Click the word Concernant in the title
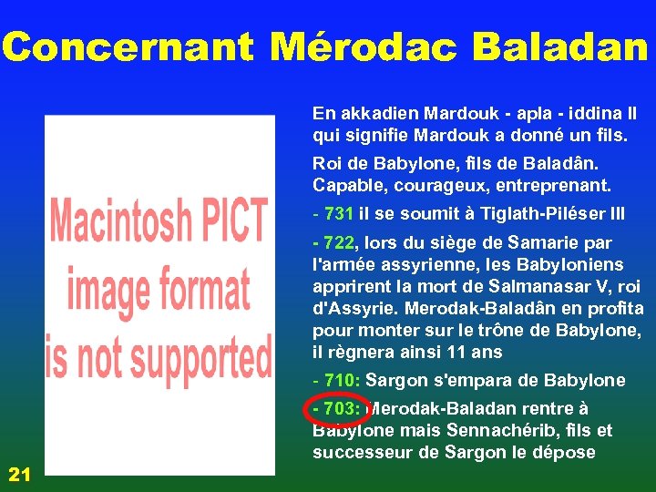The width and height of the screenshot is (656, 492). tap(128, 46)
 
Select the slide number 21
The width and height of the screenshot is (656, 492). tap(19, 473)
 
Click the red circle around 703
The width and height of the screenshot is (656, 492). tap(337, 408)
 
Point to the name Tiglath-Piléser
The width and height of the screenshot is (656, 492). tap(557, 214)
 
